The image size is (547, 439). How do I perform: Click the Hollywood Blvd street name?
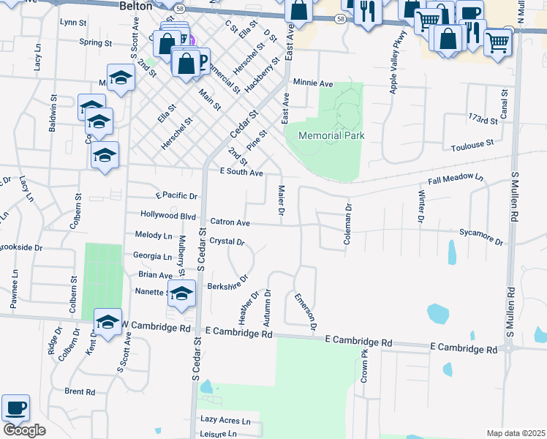pos(168,216)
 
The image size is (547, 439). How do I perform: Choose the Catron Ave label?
pos(230,222)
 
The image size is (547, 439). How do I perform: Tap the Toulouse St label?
pos(473,146)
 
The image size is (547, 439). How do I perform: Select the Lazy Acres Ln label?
pos(225,421)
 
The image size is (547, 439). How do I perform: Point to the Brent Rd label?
pos(80,391)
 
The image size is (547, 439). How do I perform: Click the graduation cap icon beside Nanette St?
pos(181,294)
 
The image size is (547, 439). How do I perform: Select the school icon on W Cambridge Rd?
pos(107,322)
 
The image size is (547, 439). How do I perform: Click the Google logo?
pos(23,430)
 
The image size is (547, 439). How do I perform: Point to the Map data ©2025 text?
pos(516,433)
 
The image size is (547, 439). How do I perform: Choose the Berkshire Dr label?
pos(228,283)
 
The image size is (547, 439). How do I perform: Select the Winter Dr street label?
pos(421,206)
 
